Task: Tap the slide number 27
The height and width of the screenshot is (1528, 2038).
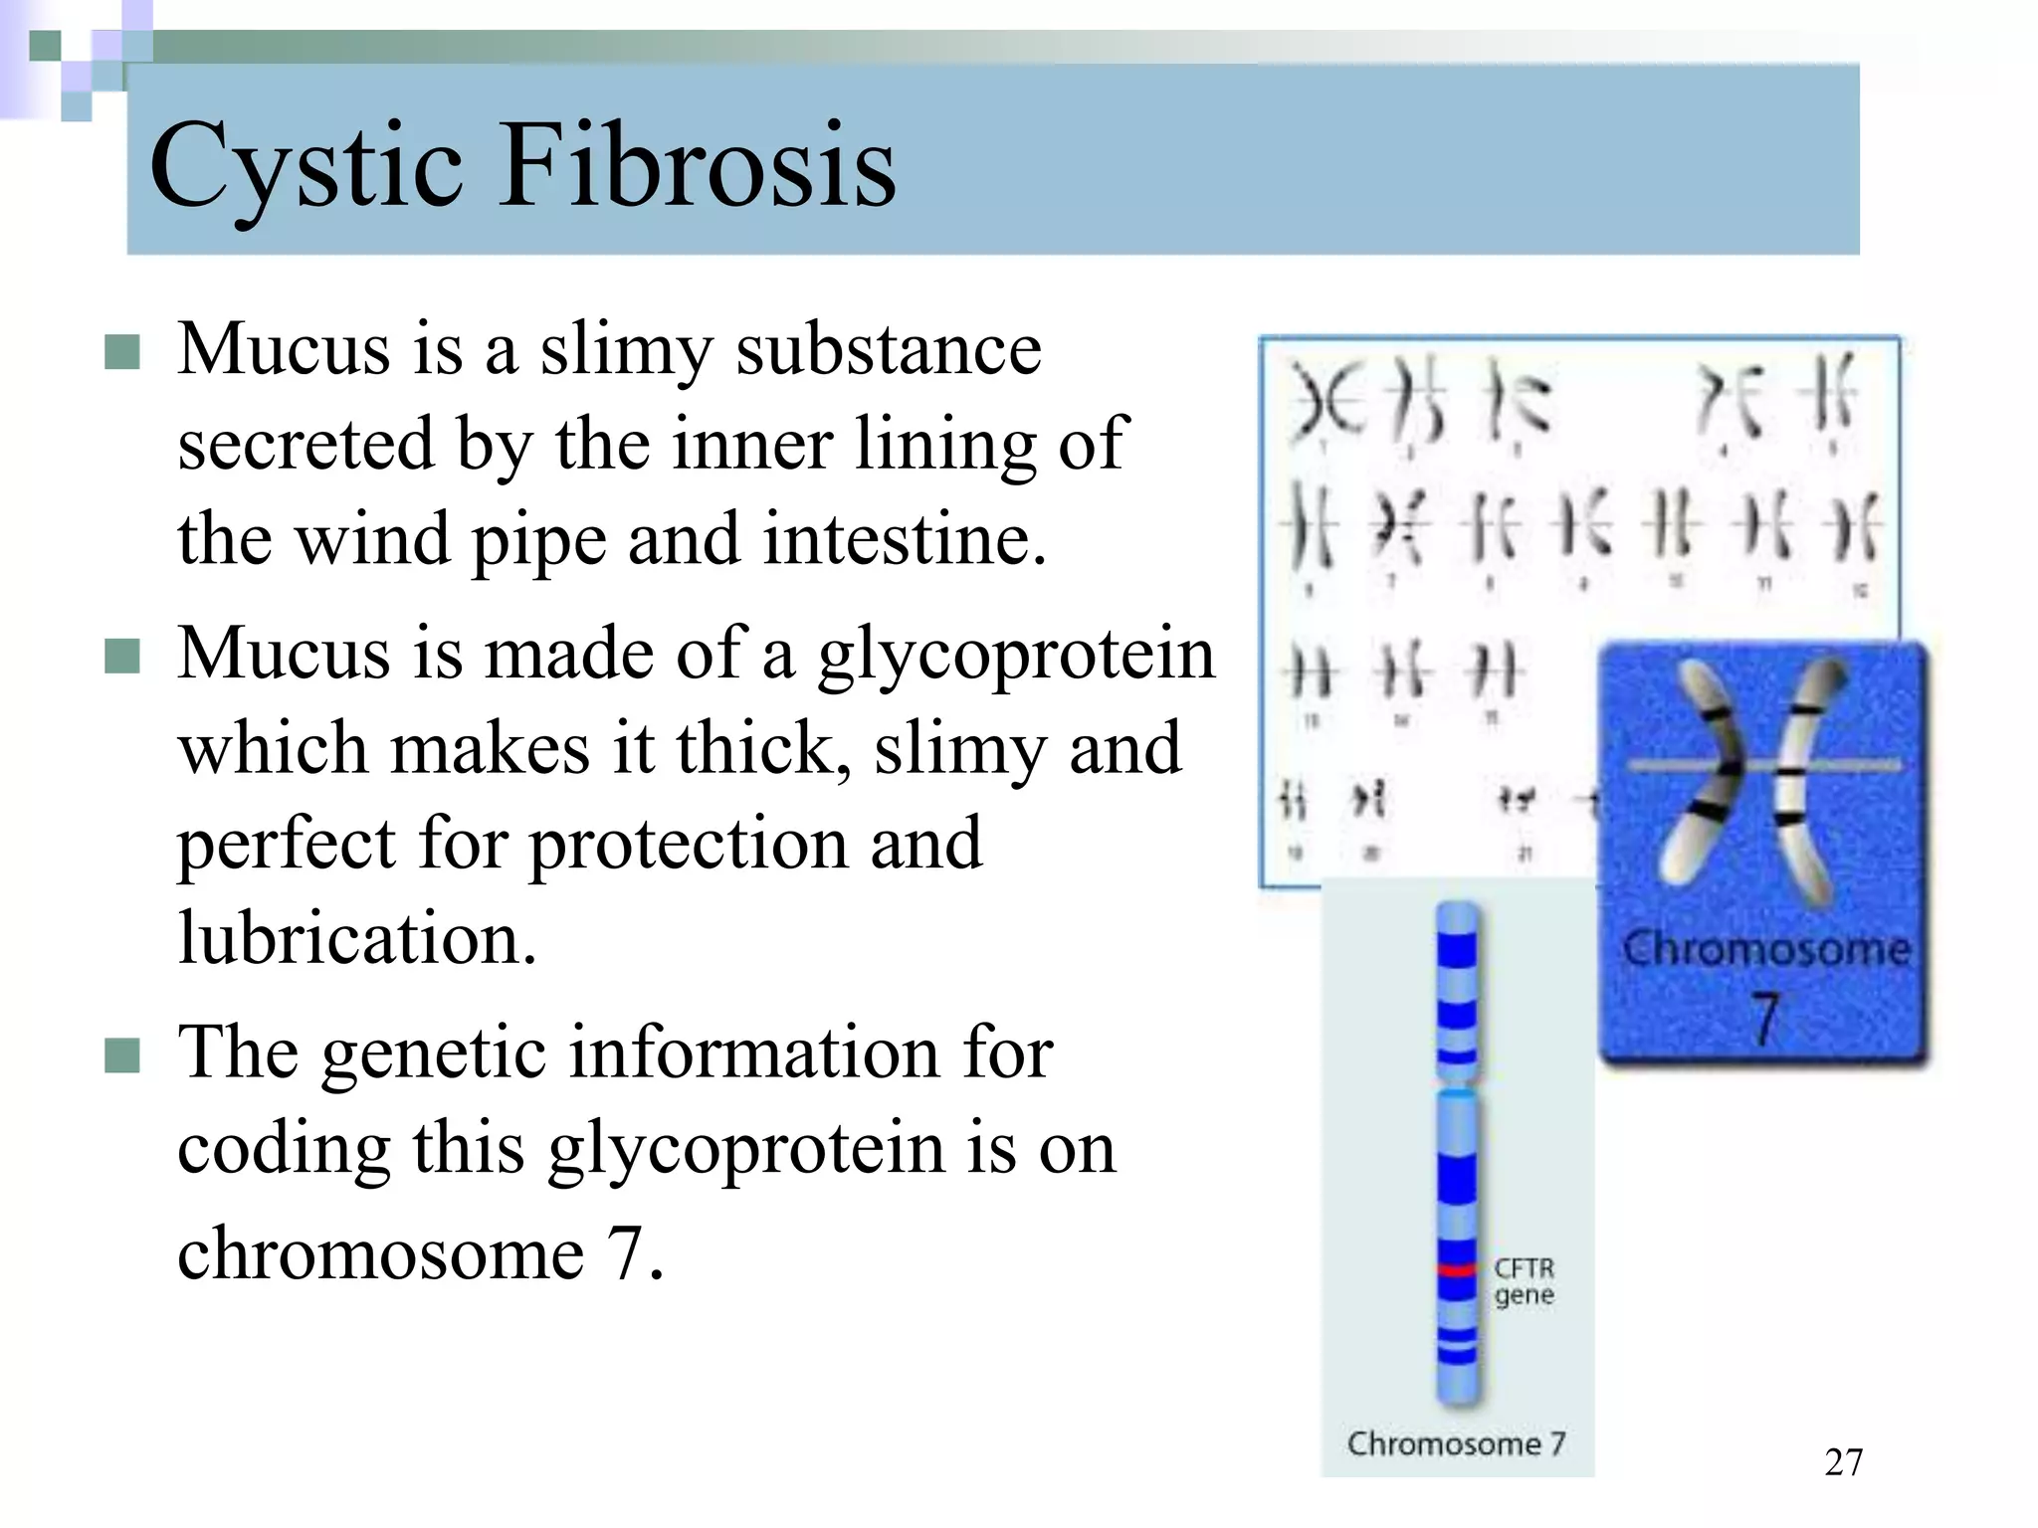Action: click(x=1843, y=1461)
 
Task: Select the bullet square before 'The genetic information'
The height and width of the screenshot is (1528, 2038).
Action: click(x=121, y=1055)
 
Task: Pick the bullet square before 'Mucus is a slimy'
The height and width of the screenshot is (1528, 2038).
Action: click(x=121, y=352)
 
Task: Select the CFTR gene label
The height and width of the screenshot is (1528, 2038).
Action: click(x=1524, y=1281)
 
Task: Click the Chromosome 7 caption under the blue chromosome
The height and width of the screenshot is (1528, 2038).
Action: click(x=1456, y=1442)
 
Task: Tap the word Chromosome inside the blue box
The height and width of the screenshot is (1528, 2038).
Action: click(x=1765, y=948)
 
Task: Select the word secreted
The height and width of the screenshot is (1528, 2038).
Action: click(x=305, y=444)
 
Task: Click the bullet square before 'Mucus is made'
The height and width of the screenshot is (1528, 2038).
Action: click(x=121, y=657)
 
